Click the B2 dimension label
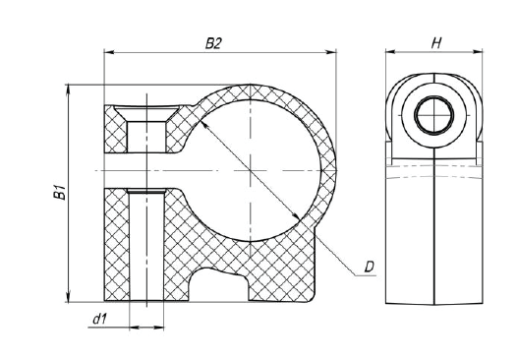(213, 43)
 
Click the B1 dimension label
(59, 193)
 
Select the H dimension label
(436, 43)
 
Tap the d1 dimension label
(100, 319)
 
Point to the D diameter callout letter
(369, 267)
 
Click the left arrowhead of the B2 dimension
(109, 52)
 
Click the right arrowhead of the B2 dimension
(330, 52)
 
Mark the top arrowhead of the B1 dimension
(69, 90)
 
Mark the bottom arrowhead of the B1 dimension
(69, 297)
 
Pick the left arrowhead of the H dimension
(391, 51)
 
